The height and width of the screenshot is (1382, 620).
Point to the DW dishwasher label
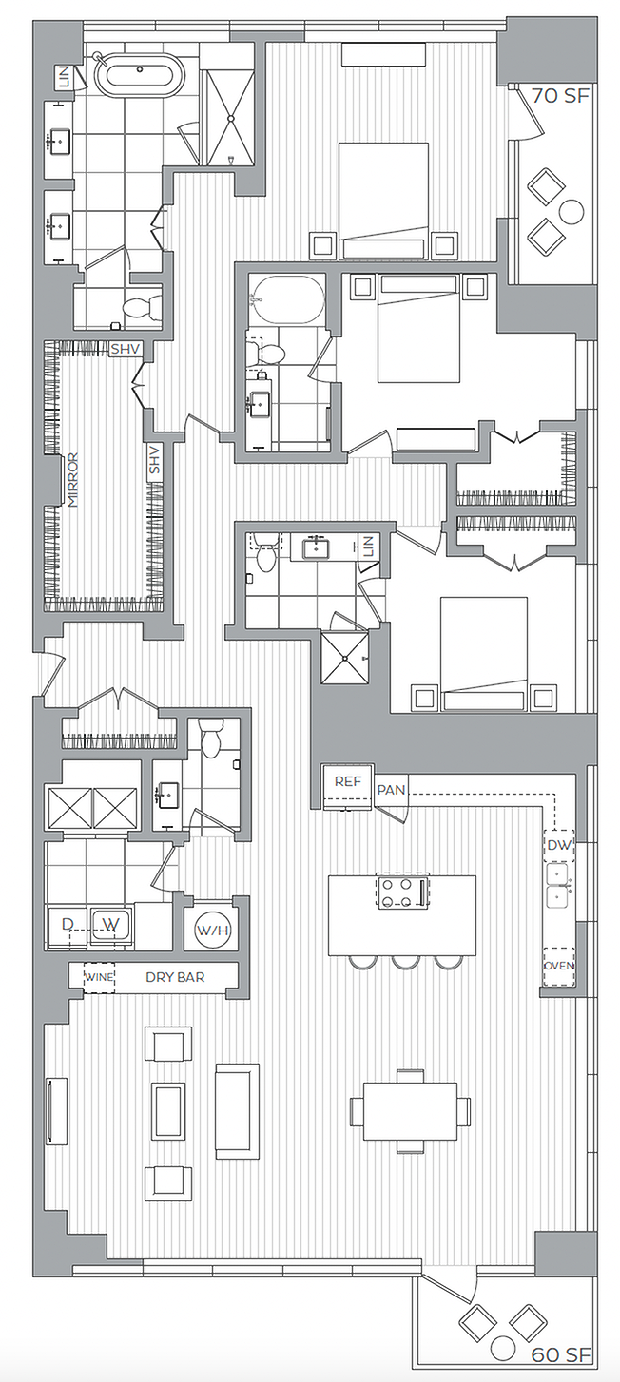pos(557,844)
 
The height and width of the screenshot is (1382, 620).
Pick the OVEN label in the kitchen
pos(558,967)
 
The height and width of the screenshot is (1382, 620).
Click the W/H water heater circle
pos(211,929)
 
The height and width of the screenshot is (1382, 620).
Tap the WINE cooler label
pos(99,976)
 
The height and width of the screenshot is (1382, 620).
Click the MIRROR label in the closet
pos(72,480)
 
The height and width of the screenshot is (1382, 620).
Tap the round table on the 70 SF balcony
pos(572,211)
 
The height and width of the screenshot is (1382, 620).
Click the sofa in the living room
pos(237,1110)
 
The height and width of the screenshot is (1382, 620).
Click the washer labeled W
pos(111,924)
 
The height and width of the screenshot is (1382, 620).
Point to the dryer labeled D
pos(68,924)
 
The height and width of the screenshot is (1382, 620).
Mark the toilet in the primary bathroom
pos(143,306)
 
